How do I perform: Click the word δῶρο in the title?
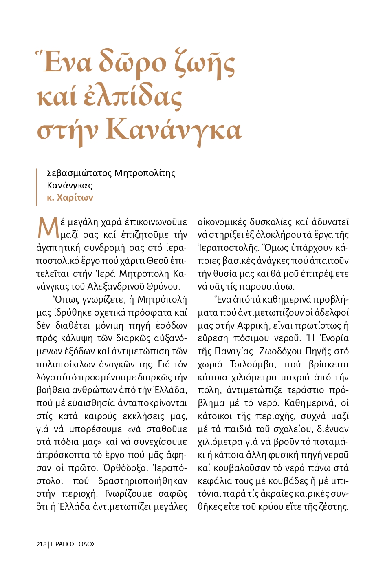point(133,63)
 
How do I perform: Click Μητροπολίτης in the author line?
point(145,173)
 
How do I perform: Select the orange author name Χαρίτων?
point(75,198)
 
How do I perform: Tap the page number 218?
point(42,544)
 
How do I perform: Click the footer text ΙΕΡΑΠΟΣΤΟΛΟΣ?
point(73,544)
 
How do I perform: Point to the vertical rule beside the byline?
point(37,186)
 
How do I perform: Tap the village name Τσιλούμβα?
point(252,364)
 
